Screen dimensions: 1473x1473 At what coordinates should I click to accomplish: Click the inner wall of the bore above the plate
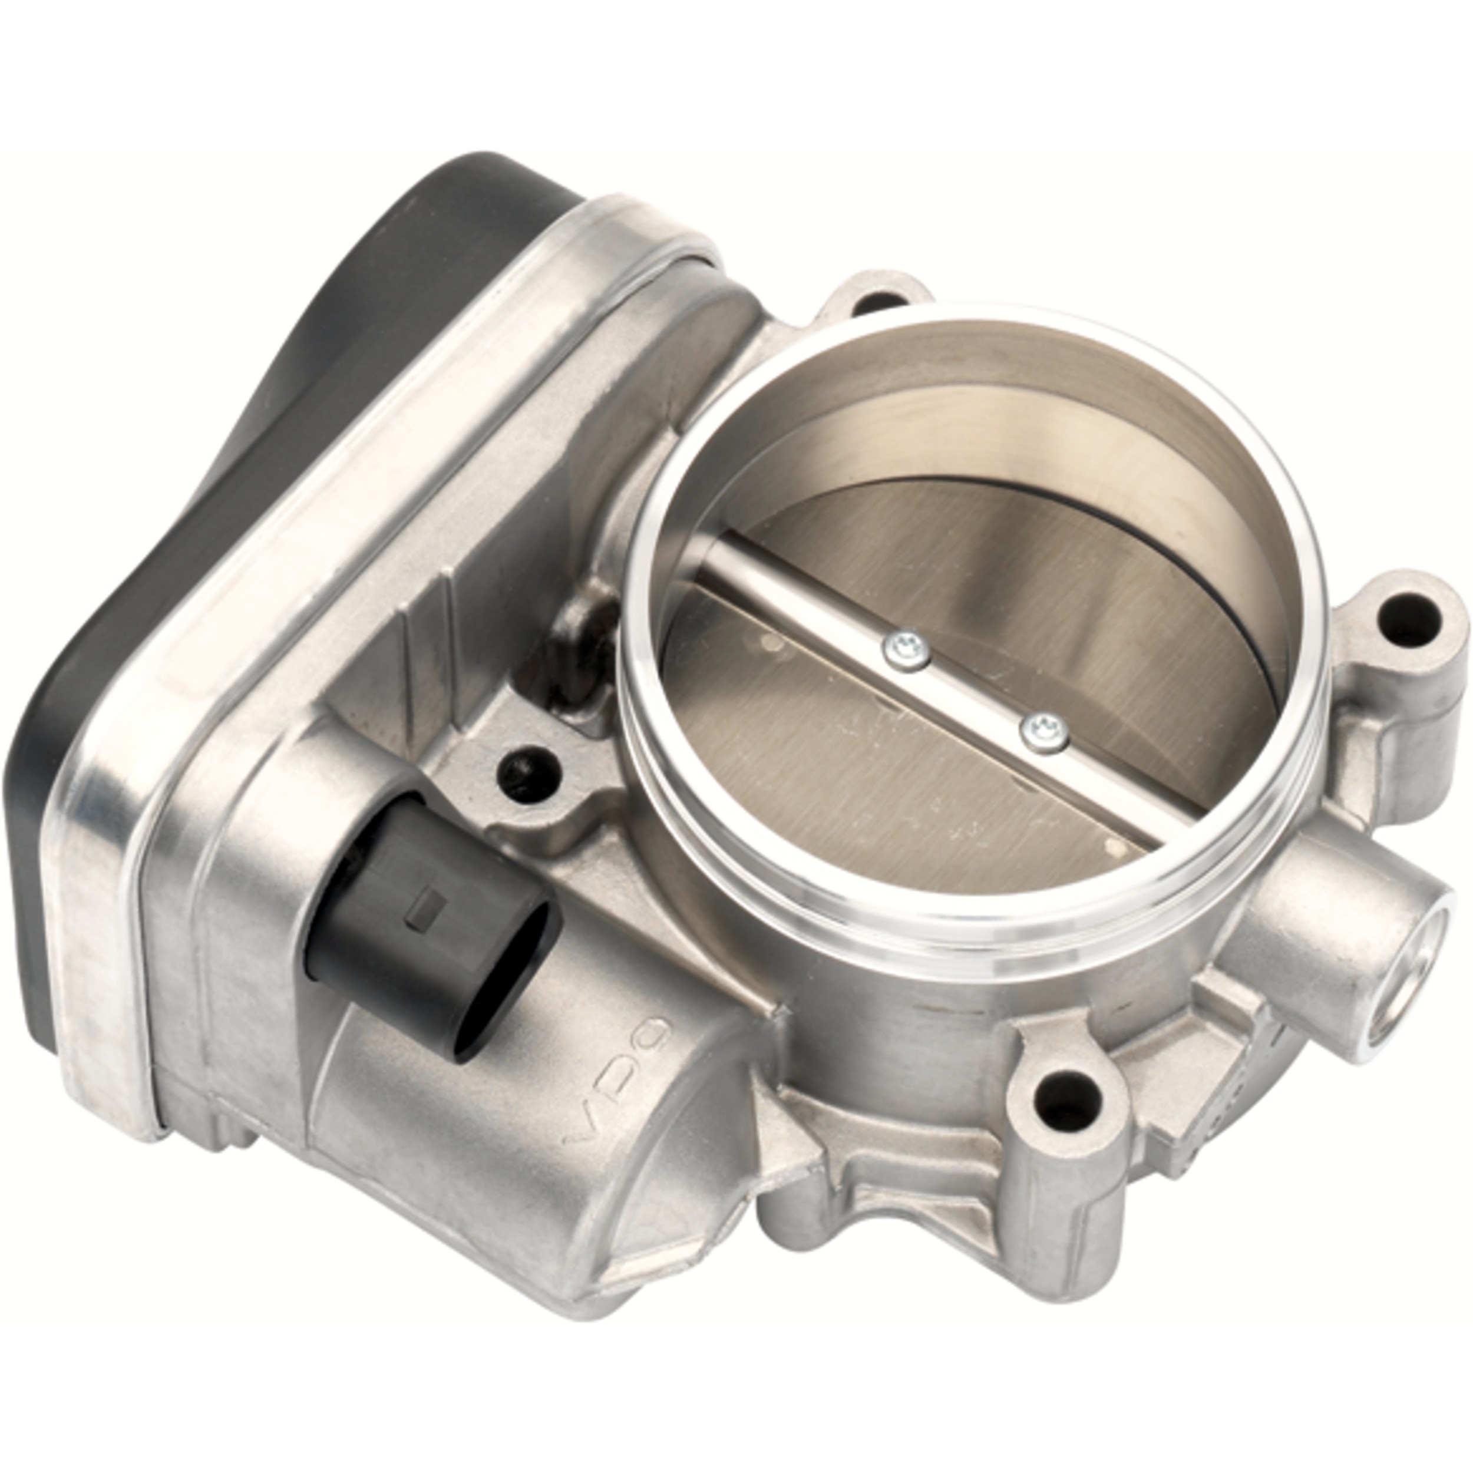pyautogui.click(x=953, y=412)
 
